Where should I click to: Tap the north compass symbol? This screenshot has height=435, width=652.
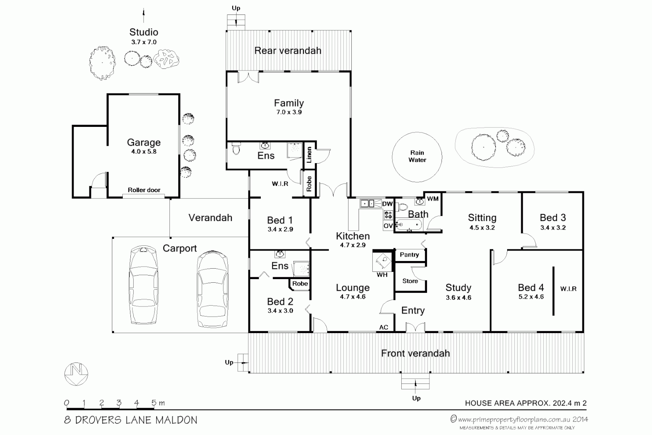[x=76, y=374]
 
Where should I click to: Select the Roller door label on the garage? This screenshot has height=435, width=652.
[x=144, y=190]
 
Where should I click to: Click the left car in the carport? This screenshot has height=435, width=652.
[x=144, y=285]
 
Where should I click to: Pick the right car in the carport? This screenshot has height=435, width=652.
[x=213, y=289]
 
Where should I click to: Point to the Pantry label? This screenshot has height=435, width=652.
[x=409, y=255]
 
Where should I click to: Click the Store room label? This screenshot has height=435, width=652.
[x=410, y=281]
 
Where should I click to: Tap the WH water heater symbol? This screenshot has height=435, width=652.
[x=382, y=262]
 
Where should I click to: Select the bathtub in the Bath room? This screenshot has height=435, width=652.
[x=409, y=225]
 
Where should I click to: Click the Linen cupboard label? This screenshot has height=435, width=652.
[x=309, y=155]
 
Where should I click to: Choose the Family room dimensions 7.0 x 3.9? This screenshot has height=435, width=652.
[x=289, y=112]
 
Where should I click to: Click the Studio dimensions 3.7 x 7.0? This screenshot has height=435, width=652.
[x=144, y=42]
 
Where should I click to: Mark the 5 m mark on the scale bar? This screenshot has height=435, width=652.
[x=154, y=403]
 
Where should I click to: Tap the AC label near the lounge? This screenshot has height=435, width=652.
[x=384, y=327]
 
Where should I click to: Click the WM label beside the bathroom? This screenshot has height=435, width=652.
[x=433, y=199]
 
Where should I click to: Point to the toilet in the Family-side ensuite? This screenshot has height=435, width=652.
[x=236, y=149]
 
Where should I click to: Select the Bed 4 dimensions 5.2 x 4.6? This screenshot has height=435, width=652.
[x=531, y=297]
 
